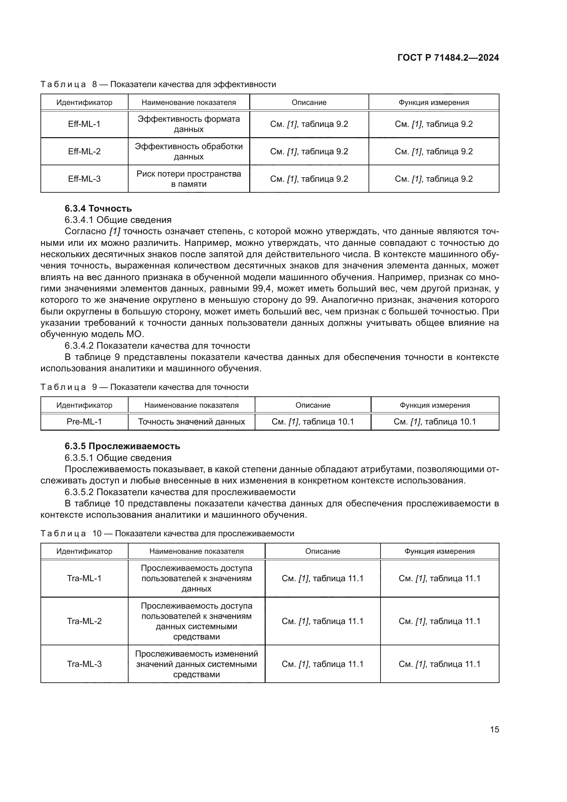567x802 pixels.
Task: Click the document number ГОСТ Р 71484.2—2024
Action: [x=448, y=58]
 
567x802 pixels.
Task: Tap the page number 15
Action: [x=494, y=729]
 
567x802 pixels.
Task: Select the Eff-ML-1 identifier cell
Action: [x=84, y=124]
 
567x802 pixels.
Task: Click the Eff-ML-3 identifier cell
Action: [x=84, y=179]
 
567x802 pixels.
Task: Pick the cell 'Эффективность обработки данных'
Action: [x=189, y=151]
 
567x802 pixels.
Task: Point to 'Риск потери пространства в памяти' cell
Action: [x=189, y=179]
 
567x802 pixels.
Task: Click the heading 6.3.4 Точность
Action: [x=98, y=208]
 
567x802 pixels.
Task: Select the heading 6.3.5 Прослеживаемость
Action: [x=122, y=446]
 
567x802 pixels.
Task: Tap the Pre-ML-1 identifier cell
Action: [x=84, y=422]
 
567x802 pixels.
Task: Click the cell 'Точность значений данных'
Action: [x=191, y=422]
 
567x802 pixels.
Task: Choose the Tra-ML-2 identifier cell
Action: [x=84, y=621]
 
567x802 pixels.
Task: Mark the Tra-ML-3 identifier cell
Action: [x=84, y=664]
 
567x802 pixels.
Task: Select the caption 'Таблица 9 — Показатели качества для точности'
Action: [x=145, y=387]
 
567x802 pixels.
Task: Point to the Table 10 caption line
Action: [x=167, y=534]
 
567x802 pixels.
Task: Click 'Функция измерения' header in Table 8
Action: [x=434, y=102]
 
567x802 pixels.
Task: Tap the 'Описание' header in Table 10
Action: [x=323, y=551]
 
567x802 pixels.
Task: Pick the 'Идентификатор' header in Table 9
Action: [x=84, y=405]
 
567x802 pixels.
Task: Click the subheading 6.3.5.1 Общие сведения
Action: [x=118, y=458]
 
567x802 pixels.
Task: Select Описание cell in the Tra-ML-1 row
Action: [x=323, y=578]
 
